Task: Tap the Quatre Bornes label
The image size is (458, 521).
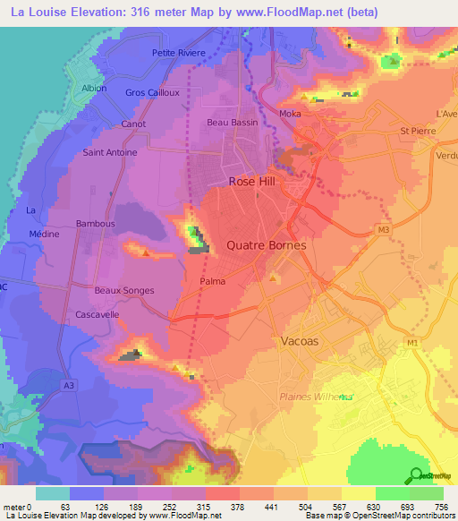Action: point(267,245)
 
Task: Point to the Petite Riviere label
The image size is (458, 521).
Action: point(179,53)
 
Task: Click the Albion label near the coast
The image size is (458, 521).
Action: point(94,89)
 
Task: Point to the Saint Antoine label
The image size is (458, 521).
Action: point(110,152)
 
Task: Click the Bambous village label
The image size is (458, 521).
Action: point(96,223)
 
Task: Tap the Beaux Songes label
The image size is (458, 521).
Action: point(124,290)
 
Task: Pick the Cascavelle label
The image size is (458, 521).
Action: point(98,315)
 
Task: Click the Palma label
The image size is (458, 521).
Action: point(212,281)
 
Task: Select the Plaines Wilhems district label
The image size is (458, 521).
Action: point(314,397)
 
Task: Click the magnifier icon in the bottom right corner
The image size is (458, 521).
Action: point(417,476)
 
